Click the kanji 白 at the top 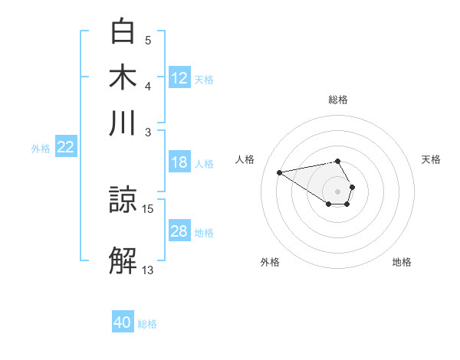pos(123,32)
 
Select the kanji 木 pos(123,77)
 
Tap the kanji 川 pos(123,123)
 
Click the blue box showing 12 pos(179,78)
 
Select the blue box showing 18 pos(179,162)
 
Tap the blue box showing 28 pos(179,232)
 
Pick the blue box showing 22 pos(65,148)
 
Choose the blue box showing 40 pos(123,322)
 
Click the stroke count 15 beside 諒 pos(148,208)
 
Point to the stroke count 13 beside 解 pos(148,270)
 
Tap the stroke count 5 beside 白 pos(148,40)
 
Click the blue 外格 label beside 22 pos(41,149)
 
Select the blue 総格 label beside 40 pos(147,323)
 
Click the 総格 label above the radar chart pos(337,100)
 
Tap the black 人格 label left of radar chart pos(245,159)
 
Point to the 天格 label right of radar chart pos(431,159)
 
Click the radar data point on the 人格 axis pos(280,172)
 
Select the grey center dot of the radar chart pos(337,191)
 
